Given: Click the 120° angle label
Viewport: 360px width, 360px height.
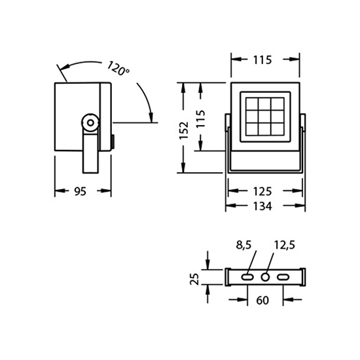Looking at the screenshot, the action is click(x=118, y=68).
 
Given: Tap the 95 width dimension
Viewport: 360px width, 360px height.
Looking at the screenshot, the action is click(x=81, y=191).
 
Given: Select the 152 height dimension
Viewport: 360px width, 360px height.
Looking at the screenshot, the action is click(x=184, y=130).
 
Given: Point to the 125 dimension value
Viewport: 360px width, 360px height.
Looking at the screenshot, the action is click(x=262, y=191).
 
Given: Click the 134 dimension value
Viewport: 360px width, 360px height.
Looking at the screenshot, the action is click(x=262, y=206).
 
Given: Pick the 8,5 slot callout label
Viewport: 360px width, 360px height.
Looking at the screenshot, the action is click(x=243, y=245).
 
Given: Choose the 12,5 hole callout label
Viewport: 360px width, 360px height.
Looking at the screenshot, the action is click(x=285, y=245).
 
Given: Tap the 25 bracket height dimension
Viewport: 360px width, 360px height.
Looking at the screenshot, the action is click(x=194, y=279).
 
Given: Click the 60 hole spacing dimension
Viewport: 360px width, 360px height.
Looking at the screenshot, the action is click(x=262, y=300).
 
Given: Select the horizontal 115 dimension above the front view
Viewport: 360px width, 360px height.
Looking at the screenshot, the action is click(x=262, y=60).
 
